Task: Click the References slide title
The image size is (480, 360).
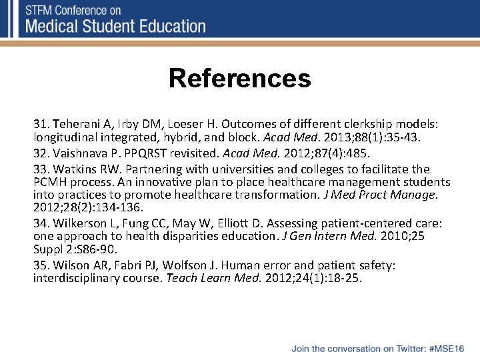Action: point(239,78)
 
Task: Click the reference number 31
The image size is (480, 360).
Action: point(41,124)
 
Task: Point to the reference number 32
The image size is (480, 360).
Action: point(41,153)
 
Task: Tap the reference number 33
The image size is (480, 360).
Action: point(41,168)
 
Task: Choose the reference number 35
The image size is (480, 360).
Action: point(41,265)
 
